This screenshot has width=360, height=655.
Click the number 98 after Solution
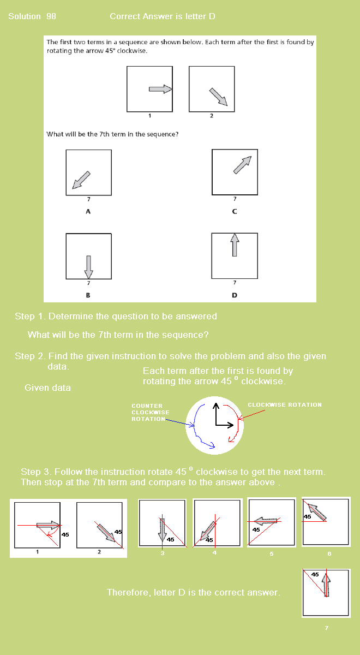pyautogui.click(x=51, y=16)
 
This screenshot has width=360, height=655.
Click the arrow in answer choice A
pyautogui.click(x=81, y=180)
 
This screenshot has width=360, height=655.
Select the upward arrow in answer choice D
pyautogui.click(x=235, y=245)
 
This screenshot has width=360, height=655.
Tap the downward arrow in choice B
pyautogui.click(x=88, y=267)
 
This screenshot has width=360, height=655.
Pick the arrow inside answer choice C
pyautogui.click(x=242, y=165)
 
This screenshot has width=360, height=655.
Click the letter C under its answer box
pyautogui.click(x=235, y=211)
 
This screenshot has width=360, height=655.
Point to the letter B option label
pyautogui.click(x=88, y=295)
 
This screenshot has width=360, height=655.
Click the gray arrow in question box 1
pyautogui.click(x=160, y=89)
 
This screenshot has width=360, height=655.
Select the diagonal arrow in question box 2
pyautogui.click(x=218, y=97)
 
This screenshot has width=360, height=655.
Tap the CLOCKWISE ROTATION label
pyautogui.click(x=285, y=404)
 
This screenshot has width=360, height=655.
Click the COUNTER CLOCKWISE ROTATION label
pyautogui.click(x=150, y=412)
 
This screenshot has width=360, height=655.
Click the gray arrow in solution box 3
pyautogui.click(x=163, y=530)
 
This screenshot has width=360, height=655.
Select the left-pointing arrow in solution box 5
pyautogui.click(x=266, y=521)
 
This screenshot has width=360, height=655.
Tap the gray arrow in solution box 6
pyautogui.click(x=317, y=512)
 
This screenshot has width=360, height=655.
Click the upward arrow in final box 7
pyautogui.click(x=326, y=585)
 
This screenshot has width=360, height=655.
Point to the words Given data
pyautogui.click(x=47, y=388)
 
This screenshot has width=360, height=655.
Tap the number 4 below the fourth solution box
pyautogui.click(x=214, y=552)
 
